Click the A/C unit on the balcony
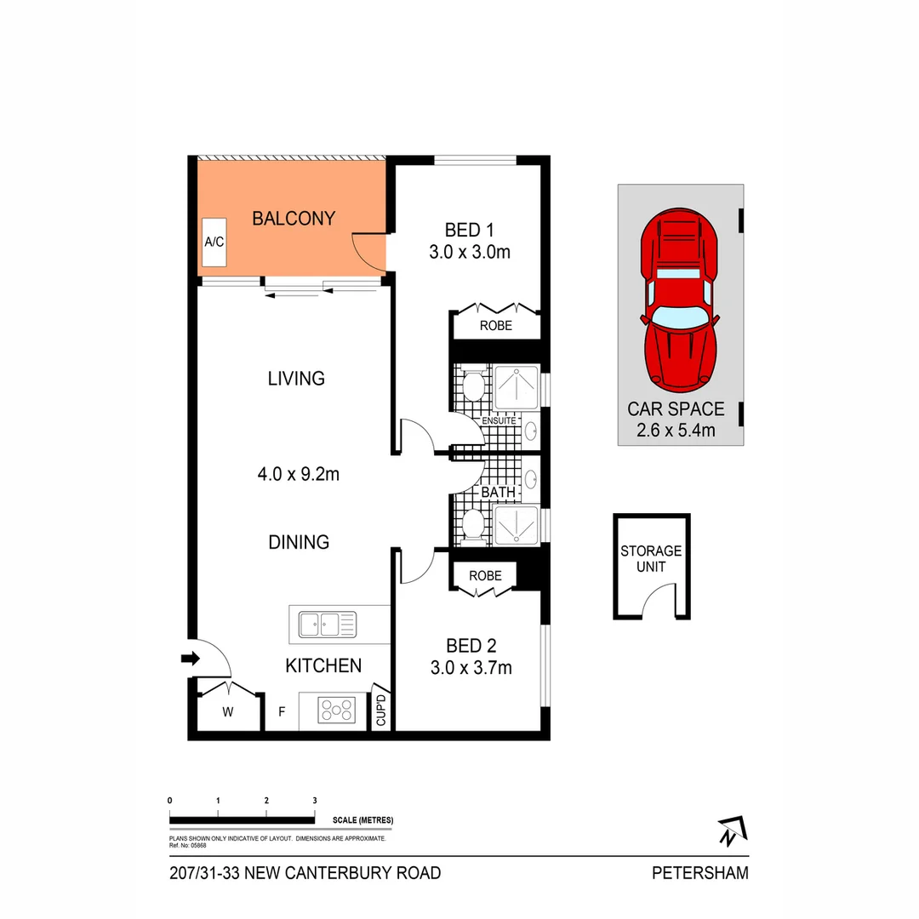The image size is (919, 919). (x=214, y=242)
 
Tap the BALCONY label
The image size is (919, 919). (x=294, y=219)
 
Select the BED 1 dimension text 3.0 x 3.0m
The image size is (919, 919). (x=470, y=252)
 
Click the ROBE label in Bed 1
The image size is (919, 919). (x=495, y=325)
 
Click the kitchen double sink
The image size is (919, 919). (x=328, y=625)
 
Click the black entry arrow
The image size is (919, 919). (x=191, y=658)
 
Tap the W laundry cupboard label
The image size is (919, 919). (x=228, y=712)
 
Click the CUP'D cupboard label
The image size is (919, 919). (x=381, y=711)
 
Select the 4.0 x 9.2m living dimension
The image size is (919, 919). (x=298, y=475)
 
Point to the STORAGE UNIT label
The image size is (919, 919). (x=651, y=558)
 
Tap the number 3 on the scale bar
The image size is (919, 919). (x=315, y=801)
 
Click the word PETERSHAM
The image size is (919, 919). (x=700, y=873)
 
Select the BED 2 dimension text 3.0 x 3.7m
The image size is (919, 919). (x=470, y=668)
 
